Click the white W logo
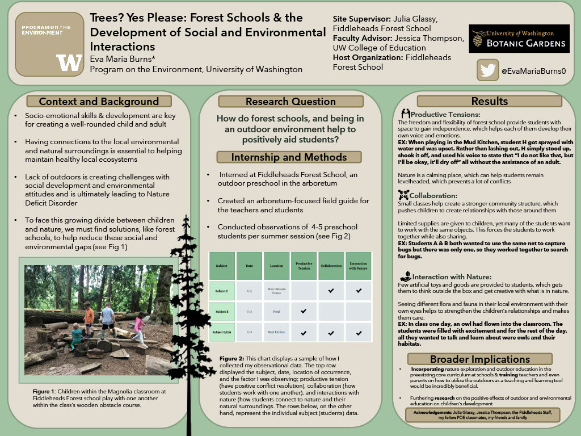[69, 62]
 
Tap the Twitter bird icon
[487, 70]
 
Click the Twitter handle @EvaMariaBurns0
[533, 71]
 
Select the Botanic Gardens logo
[519, 39]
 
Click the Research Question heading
[290, 102]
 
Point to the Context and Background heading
[99, 102]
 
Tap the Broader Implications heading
[480, 359]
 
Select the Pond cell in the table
[276, 312]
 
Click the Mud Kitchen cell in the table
[276, 332]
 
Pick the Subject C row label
[222, 291]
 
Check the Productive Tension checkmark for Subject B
[304, 312]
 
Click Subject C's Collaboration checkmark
[331, 291]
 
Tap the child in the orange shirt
[89, 317]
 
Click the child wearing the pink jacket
[139, 331]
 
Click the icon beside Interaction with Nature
[405, 276]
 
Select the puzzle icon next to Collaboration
[404, 195]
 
